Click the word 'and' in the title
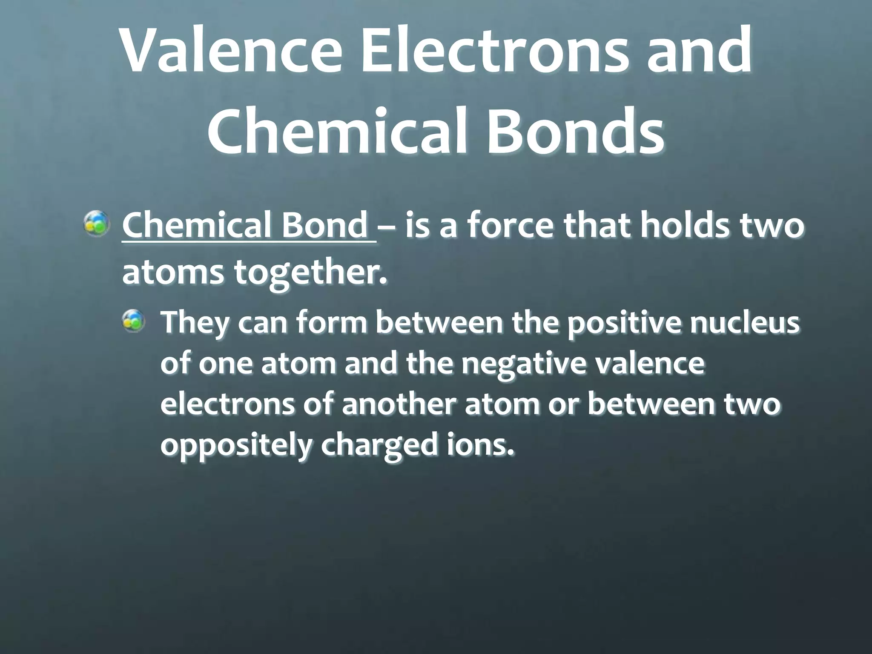[x=698, y=52]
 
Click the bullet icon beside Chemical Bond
[x=98, y=225]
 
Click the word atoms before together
[x=172, y=272]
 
